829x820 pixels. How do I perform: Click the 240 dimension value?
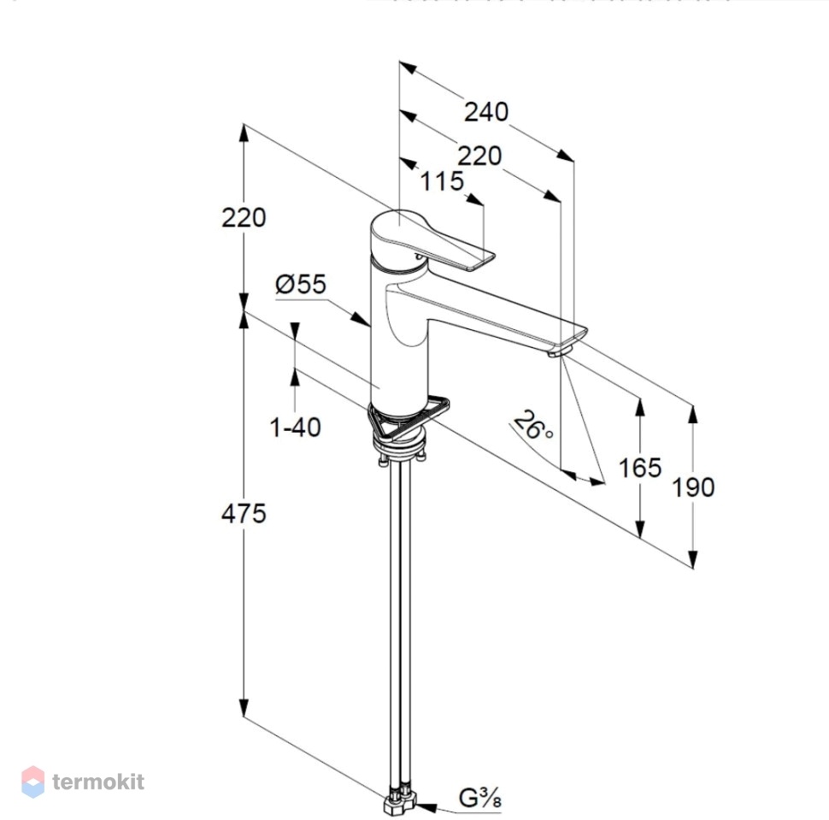[486, 112]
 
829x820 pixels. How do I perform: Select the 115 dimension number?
[442, 181]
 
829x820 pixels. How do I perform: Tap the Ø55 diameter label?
[300, 284]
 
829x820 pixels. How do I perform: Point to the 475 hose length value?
[244, 513]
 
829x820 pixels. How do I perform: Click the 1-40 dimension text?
[295, 427]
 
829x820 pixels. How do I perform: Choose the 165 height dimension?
[640, 468]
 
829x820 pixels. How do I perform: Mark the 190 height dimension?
[693, 487]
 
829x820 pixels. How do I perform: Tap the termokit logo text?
[98, 782]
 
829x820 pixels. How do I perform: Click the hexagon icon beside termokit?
[32, 782]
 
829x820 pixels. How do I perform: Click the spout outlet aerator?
[560, 351]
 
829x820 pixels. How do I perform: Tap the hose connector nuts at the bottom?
[399, 798]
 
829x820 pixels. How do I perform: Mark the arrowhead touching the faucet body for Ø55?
[362, 318]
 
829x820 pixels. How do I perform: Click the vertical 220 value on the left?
[244, 217]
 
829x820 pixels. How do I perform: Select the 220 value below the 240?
[479, 156]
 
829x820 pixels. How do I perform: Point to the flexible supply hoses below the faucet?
[399, 624]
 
